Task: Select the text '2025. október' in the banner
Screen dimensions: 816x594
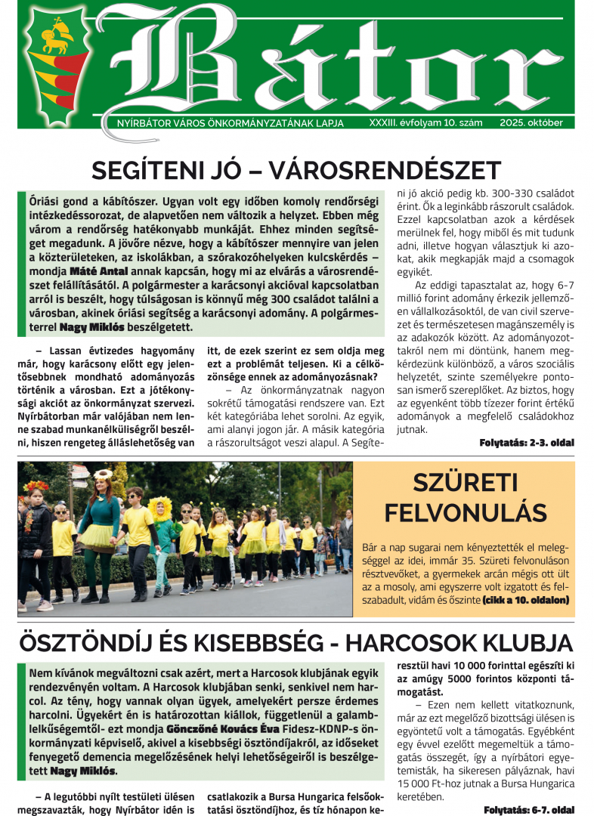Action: (536, 122)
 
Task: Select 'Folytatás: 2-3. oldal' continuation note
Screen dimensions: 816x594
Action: (527, 442)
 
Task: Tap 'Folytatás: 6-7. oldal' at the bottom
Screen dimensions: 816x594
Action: (529, 808)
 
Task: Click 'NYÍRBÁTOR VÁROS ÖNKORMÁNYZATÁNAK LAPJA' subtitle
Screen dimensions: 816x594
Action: (225, 122)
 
